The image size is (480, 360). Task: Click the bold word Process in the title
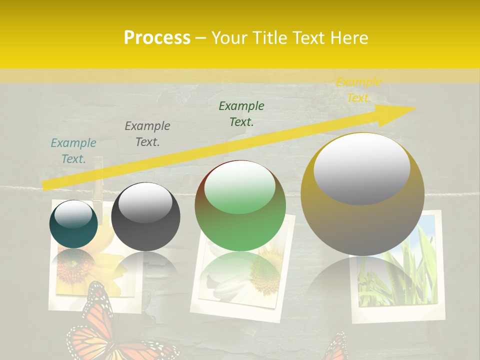pos(157,38)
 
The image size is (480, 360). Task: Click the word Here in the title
pos(349,38)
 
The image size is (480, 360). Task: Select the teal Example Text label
pos(73,151)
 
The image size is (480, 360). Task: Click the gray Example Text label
pos(147,134)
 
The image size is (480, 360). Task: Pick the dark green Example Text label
pos(241,114)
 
